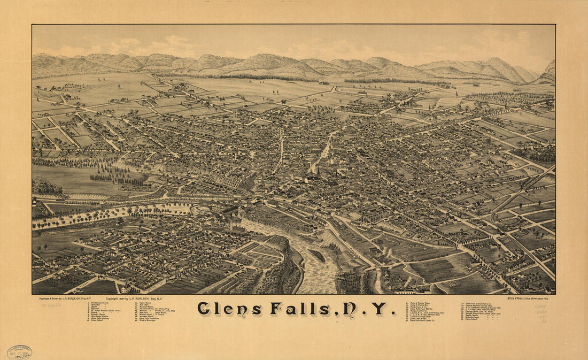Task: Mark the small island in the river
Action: [x=316, y=255]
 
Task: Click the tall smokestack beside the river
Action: [x=231, y=220]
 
